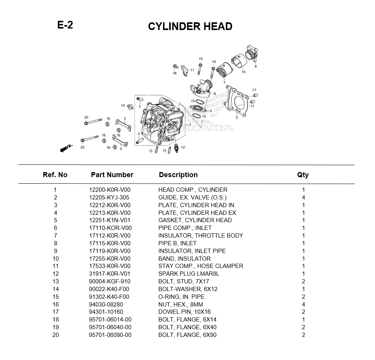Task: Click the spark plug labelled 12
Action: (x=176, y=148)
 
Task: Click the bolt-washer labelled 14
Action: (x=130, y=106)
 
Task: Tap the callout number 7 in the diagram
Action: (x=224, y=82)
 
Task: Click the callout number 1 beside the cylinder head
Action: (x=190, y=125)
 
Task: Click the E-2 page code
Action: (x=65, y=25)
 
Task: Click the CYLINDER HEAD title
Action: (x=190, y=27)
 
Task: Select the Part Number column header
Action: (x=112, y=175)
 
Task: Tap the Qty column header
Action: (x=303, y=175)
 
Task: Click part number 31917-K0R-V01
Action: (x=109, y=274)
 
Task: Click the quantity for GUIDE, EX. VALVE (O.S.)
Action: (x=303, y=198)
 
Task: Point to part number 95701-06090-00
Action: (x=110, y=335)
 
